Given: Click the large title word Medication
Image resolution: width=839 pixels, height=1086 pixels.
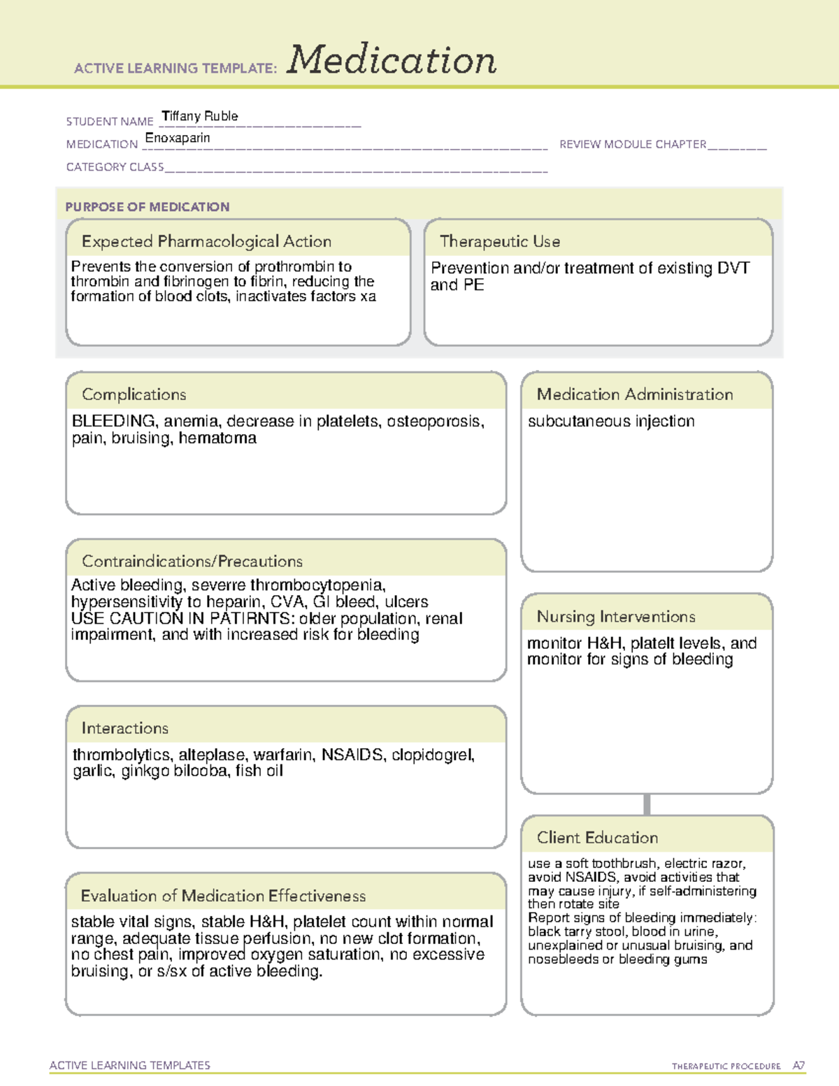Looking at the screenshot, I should pos(392,60).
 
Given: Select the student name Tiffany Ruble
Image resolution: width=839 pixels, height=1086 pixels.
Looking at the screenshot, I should pos(200,116).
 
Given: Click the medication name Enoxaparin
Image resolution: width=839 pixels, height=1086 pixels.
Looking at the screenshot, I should pos(178,138).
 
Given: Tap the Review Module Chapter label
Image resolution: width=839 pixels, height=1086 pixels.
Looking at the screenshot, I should pos(633,144).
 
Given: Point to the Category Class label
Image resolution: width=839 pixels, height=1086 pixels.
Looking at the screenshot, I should pos(115,166).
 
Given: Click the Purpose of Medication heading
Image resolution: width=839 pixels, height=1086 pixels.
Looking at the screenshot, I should pos(147,207).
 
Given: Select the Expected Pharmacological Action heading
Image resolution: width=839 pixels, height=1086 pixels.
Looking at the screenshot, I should pos(206,241).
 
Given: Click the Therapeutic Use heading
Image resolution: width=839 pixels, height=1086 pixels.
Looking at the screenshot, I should pos(500,241).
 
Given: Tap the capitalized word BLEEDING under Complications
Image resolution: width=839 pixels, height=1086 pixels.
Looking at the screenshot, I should pos(113,421).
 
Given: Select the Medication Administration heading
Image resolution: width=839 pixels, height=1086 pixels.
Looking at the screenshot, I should pos(634,394).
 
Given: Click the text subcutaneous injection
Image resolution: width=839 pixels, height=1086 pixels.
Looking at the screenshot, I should pos(611,421).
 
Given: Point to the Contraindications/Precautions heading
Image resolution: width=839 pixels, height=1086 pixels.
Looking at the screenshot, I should pos(192,561).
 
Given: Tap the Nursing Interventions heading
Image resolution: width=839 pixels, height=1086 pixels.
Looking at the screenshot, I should pos(616,617).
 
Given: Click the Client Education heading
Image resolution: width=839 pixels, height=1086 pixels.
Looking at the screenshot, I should pos(597,838).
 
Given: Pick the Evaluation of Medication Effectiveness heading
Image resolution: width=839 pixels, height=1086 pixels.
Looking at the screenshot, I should pos(223,896).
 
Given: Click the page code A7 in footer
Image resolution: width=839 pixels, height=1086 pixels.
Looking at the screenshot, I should pos(798,1066).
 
